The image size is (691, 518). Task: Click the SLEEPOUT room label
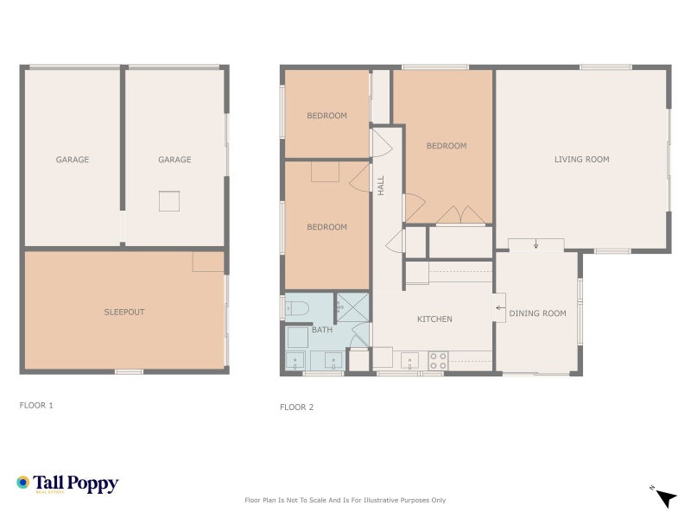124,312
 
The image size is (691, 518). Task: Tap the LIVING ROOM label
581,160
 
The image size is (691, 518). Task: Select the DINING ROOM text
537,313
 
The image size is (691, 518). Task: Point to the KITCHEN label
434,319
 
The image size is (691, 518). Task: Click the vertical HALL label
381,186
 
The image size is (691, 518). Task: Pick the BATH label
322,330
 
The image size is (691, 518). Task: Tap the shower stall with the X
352,306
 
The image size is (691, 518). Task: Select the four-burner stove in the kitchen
438,361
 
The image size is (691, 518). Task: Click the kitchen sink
409,361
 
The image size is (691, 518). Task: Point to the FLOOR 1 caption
36,405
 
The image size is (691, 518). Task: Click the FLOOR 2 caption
296,407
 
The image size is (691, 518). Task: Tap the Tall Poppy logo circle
23,483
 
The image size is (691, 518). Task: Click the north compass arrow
667,498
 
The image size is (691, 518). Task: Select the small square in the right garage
169,201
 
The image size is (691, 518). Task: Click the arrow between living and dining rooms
536,244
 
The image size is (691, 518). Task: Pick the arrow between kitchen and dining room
499,308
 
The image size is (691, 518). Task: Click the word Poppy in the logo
93,484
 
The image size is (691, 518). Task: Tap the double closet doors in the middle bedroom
460,214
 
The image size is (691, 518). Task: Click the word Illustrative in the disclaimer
377,500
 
